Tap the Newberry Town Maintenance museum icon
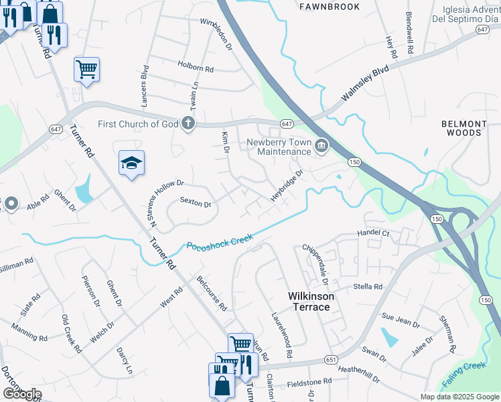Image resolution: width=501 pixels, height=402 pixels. coord(321,145)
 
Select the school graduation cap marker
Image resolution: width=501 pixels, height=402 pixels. coord(132,163)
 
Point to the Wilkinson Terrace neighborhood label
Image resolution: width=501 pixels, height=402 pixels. coord(309,301)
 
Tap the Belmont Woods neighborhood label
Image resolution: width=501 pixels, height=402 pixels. coord(463,128)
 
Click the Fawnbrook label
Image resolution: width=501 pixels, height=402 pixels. coord(330,7)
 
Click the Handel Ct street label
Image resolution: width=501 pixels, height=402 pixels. coord(374,233)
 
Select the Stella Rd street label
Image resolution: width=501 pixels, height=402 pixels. coord(367,287)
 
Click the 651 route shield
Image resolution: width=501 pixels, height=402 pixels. coord(330,360)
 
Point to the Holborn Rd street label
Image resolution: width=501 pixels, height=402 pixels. coord(195,68)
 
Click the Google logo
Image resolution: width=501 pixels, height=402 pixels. coord(21,394)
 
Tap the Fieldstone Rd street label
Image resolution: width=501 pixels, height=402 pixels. coord(309,381)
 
